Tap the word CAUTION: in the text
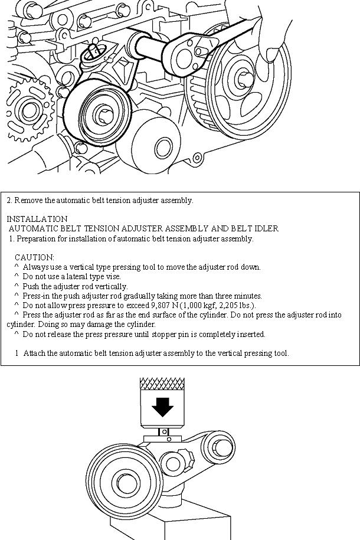point(34,257)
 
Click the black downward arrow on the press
point(163,407)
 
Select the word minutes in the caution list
point(247,296)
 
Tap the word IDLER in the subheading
point(266,228)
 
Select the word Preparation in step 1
point(35,238)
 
